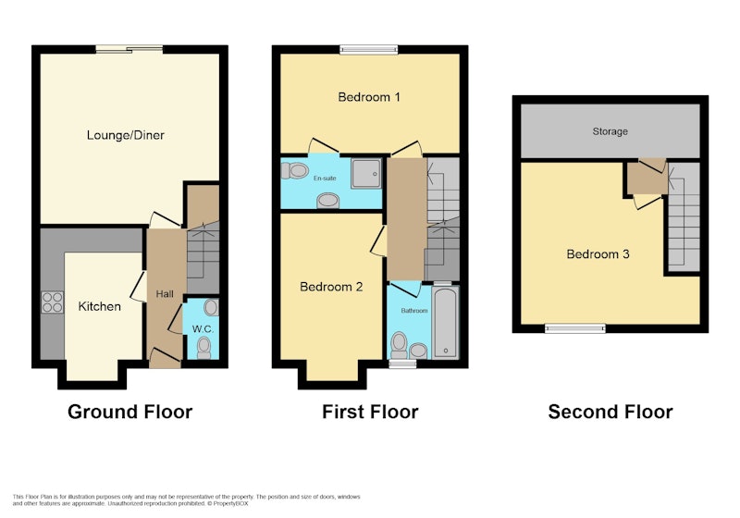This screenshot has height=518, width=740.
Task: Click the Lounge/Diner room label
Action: tap(126, 135)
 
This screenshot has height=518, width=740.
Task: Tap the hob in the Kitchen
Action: tap(53, 302)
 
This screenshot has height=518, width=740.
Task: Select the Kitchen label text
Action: tap(100, 307)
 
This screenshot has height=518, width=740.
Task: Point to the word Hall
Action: tap(165, 294)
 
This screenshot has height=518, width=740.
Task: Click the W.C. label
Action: tap(203, 329)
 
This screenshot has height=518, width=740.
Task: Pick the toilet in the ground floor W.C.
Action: tap(203, 348)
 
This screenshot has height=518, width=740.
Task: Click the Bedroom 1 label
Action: tap(369, 97)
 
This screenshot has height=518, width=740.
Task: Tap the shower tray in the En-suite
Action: tap(366, 174)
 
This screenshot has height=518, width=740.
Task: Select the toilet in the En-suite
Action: tap(294, 170)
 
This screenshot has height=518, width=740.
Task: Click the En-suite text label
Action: tap(326, 179)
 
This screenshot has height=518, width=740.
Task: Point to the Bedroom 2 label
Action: tap(331, 287)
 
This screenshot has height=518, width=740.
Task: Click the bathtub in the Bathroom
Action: tap(446, 323)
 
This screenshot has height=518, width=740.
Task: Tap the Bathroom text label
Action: tap(414, 311)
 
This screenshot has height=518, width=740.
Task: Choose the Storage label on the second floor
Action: tap(610, 131)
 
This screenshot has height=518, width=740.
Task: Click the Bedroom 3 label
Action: tap(598, 254)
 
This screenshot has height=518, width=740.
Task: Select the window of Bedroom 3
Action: tap(574, 328)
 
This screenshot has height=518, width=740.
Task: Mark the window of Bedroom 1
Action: tap(369, 49)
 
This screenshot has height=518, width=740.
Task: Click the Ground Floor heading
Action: tap(129, 412)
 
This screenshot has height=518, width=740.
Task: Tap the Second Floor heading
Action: tap(610, 412)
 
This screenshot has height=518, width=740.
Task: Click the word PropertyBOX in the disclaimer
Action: tap(229, 503)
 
